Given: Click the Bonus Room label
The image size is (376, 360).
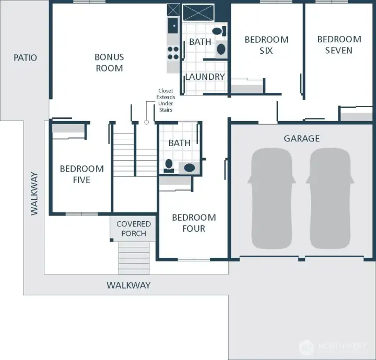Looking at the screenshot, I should click(109, 62).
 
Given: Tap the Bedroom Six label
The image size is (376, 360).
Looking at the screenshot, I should click(266, 45).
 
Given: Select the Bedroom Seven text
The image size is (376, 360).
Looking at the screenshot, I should click(339, 45).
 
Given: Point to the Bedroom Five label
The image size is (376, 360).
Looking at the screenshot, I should click(81, 174).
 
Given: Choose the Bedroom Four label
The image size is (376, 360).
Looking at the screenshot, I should click(194, 223).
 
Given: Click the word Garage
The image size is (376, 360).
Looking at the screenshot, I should click(301, 138).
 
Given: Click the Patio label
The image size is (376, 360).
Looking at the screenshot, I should click(25, 57).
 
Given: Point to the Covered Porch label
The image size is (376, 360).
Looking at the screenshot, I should click(134, 229).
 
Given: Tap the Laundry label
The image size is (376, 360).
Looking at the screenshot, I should click(205, 77).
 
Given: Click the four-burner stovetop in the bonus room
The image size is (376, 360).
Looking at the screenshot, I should click(173, 53).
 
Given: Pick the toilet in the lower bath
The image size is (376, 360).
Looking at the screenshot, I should click(169, 165).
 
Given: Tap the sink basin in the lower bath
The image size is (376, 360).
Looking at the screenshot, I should click(189, 167).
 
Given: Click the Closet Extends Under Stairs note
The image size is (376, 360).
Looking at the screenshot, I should click(166, 100).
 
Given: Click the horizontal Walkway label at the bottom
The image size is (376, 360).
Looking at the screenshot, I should click(128, 285).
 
